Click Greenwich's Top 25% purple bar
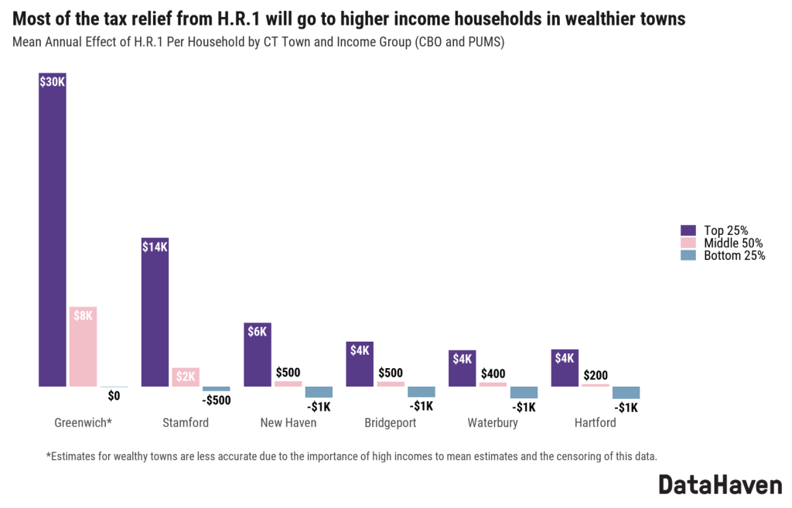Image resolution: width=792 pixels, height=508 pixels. (53, 232)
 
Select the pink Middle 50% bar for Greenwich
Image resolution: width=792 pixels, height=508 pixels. (83, 348)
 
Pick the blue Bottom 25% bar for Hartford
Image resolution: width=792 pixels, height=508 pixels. (626, 393)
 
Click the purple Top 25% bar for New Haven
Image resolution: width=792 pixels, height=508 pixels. (258, 356)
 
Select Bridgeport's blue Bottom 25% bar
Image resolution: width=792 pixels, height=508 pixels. (422, 392)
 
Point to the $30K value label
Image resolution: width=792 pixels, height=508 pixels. (53, 81)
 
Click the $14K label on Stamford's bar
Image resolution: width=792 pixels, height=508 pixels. (155, 247)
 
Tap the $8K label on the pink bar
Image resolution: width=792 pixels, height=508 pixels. (83, 315)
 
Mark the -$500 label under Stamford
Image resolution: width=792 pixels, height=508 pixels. (217, 401)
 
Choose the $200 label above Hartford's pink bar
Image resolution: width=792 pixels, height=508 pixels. (596, 376)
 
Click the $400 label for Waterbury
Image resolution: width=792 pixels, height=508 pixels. (493, 373)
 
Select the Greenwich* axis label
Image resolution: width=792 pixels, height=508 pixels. (84, 423)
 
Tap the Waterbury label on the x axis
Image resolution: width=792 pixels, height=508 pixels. (493, 423)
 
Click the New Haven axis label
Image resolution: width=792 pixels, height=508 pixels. (288, 423)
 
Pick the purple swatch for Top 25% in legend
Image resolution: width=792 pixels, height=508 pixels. (688, 230)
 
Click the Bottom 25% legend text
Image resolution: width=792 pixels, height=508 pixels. (734, 256)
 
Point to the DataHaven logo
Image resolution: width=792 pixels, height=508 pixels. (720, 485)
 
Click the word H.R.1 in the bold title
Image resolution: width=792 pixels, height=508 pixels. (237, 19)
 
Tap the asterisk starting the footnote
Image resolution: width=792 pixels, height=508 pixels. (48, 455)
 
